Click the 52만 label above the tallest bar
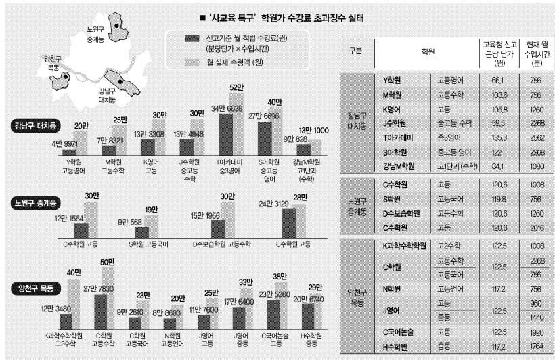tap(236, 87)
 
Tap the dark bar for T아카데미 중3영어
tap(227, 135)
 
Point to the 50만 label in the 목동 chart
tap(108, 262)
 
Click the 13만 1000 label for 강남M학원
tap(311, 131)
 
